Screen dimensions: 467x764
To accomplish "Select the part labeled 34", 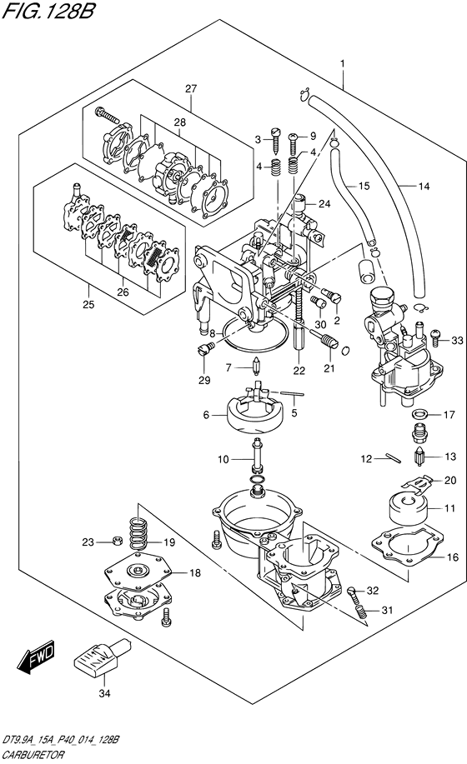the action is point(102,657).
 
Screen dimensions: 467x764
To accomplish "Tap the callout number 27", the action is point(191,88).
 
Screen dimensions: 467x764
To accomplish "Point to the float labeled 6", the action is point(255,414).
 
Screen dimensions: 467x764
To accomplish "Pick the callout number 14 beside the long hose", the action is point(424,186).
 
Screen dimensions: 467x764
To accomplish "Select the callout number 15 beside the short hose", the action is point(364,186).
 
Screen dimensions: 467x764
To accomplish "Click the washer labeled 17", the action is point(419,415).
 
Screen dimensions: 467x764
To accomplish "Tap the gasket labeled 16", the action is point(408,544).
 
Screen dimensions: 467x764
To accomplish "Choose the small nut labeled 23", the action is point(116,541).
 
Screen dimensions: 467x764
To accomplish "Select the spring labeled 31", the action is point(361,612).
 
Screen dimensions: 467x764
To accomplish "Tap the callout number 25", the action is point(88,305).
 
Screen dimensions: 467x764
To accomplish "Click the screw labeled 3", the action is point(276,138).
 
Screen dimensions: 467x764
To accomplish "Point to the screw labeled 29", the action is point(206,350).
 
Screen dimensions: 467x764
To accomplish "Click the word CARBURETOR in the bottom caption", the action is point(33,755).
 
